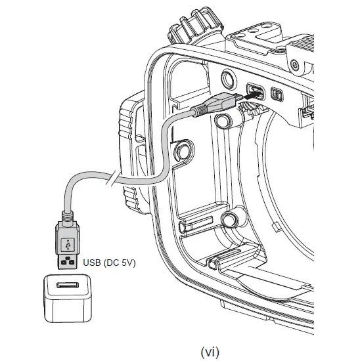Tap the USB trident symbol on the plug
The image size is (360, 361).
tap(66, 244)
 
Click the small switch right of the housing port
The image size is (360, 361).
tap(277, 96)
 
